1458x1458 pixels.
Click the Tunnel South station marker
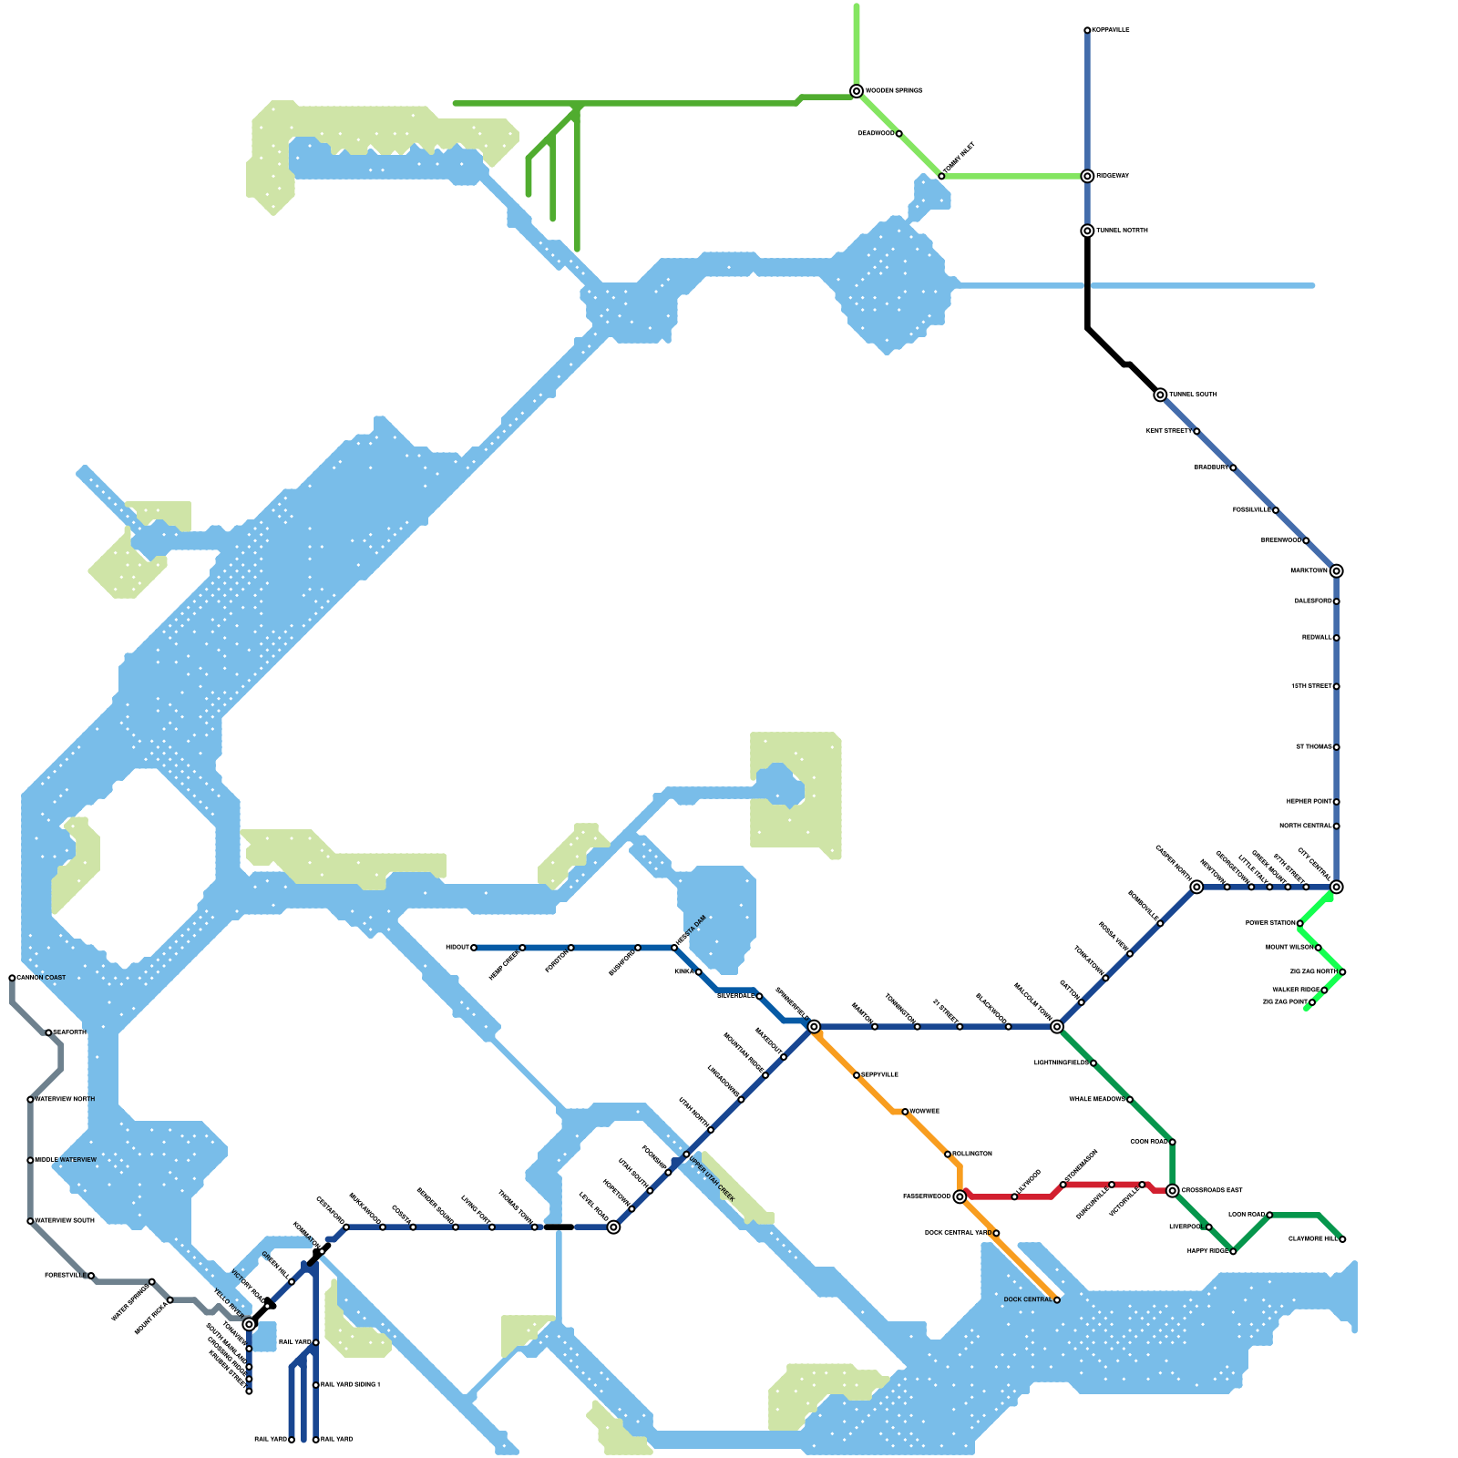(1160, 395)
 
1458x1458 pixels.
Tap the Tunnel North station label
(1122, 231)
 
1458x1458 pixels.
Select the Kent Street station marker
(1196, 431)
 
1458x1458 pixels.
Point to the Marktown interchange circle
(1336, 571)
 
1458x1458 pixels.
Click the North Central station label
(1305, 827)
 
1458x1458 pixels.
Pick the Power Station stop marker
(1299, 923)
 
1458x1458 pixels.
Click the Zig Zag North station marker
(1342, 972)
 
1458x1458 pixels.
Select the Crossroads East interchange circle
(1172, 1190)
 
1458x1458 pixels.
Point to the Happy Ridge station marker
(1233, 1251)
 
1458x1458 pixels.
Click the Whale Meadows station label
(1097, 1100)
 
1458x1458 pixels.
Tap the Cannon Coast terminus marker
(12, 978)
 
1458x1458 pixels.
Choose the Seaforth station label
(70, 1032)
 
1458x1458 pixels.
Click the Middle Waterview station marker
(30, 1160)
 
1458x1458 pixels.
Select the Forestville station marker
(91, 1276)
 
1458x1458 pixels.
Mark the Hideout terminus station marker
(474, 948)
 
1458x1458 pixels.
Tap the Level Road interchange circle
(614, 1227)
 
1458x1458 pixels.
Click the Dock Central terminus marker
(1057, 1299)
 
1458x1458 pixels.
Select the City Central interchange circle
(1336, 887)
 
